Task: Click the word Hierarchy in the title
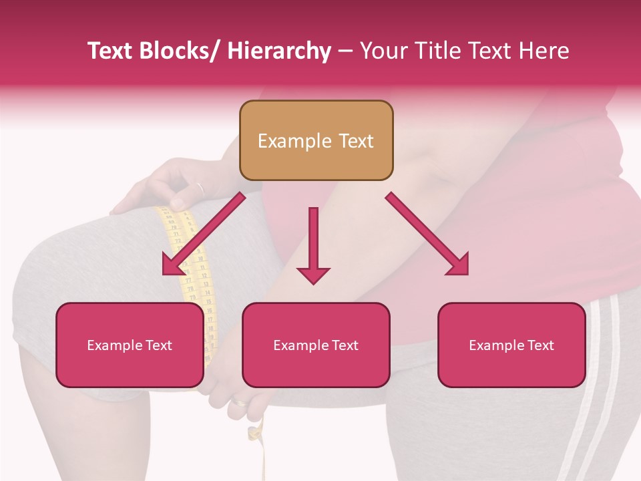[x=279, y=51]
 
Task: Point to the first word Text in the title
[x=112, y=51]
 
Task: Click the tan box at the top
[x=316, y=140]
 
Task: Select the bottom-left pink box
[x=130, y=345]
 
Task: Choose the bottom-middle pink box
[x=316, y=345]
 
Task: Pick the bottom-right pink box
[x=511, y=345]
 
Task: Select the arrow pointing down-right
[x=427, y=234]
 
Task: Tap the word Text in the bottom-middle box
[x=344, y=345]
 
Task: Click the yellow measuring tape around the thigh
[x=194, y=267]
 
